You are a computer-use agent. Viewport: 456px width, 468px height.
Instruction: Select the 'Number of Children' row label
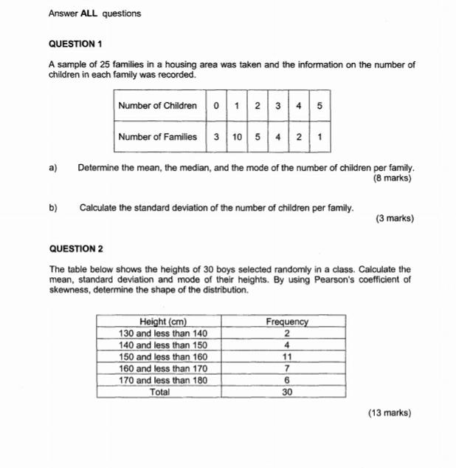(x=157, y=106)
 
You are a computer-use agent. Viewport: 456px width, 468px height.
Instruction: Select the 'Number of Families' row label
(x=157, y=137)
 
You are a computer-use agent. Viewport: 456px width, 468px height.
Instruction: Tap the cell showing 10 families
(x=236, y=137)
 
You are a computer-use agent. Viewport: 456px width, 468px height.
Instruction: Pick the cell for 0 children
(x=215, y=106)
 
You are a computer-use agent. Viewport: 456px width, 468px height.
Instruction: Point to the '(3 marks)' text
(x=394, y=218)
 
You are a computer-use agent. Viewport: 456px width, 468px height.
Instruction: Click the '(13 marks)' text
(x=390, y=413)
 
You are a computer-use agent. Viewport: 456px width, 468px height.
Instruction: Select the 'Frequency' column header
(x=286, y=322)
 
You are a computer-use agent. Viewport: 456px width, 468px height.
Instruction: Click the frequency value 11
(x=286, y=356)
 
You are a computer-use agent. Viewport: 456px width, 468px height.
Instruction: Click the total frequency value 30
(x=286, y=393)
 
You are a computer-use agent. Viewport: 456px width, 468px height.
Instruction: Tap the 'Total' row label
(x=160, y=393)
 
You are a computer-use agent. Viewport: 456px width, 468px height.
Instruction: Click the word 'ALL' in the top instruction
(x=89, y=13)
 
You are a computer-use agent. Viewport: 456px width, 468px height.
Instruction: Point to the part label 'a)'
(x=53, y=169)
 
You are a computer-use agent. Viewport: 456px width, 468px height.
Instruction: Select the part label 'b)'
(x=53, y=208)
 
